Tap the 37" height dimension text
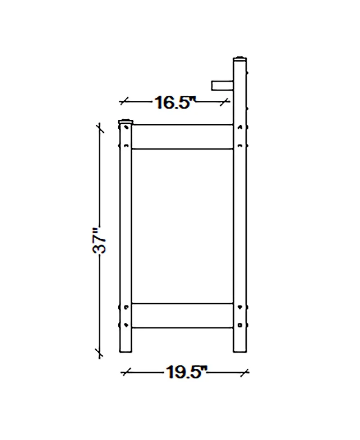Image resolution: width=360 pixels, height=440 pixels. (99, 240)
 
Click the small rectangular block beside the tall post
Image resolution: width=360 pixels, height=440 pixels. (222, 86)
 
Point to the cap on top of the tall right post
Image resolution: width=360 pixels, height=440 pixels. (240, 59)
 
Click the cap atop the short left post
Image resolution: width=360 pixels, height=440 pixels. (126, 122)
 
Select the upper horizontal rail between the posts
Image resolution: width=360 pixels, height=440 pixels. (182, 136)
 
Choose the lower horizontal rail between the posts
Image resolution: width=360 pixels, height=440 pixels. (182, 315)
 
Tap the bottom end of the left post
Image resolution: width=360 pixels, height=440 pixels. (126, 352)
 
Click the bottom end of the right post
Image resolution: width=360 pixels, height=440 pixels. (240, 352)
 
